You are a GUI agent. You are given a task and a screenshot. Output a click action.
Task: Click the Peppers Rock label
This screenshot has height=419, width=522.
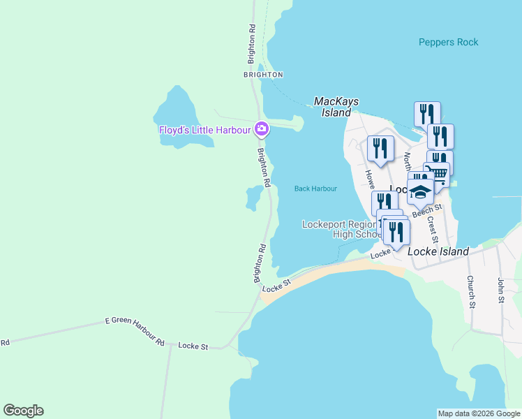[448, 43]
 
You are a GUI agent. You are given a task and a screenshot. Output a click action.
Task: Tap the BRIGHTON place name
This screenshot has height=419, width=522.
[263, 75]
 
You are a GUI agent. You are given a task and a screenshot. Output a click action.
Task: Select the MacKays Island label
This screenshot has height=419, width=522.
[336, 107]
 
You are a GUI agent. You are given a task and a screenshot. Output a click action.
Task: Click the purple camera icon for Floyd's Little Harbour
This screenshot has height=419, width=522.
[262, 128]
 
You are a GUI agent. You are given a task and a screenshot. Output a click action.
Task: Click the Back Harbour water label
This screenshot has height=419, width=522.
[315, 189]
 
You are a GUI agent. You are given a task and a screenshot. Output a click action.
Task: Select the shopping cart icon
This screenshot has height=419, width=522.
[437, 174]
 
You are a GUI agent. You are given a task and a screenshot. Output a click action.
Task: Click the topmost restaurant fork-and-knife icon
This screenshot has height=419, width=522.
[426, 113]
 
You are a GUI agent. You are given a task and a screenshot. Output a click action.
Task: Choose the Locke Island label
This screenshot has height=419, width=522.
[439, 251]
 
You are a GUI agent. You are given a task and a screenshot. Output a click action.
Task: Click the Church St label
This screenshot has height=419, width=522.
[472, 292]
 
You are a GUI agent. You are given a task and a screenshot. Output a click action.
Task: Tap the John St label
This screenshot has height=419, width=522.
[500, 290]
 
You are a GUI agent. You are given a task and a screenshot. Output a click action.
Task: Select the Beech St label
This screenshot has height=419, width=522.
[427, 210]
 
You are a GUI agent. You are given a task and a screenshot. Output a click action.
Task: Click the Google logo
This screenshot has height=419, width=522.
[23, 411]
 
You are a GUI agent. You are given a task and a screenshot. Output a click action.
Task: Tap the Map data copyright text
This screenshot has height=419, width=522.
[479, 413]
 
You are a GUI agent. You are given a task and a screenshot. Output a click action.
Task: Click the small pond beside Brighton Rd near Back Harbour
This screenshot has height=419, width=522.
[252, 198]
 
